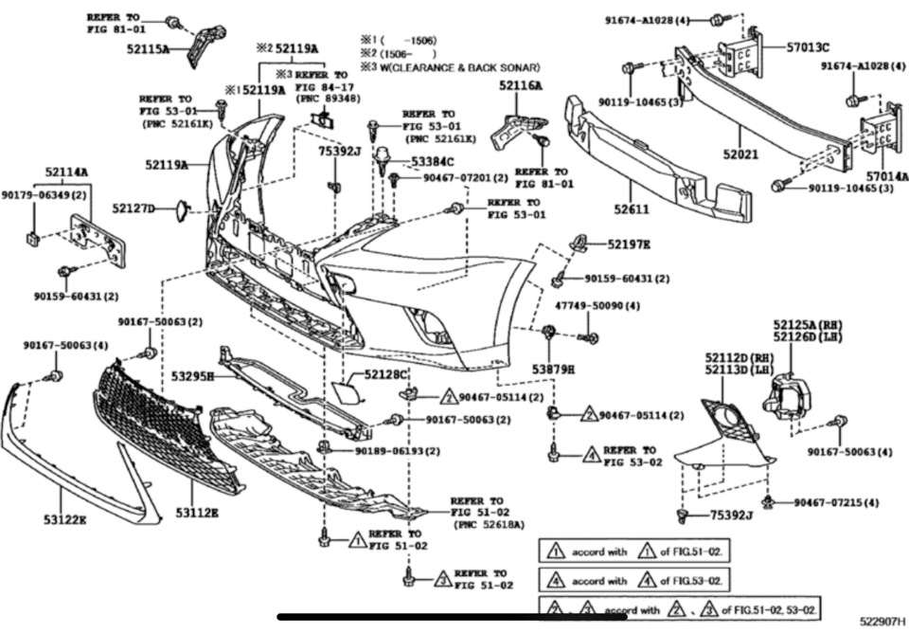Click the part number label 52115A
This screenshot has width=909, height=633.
(x=147, y=49)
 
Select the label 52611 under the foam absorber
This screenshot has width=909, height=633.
(x=629, y=210)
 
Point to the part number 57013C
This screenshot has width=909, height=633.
(x=808, y=46)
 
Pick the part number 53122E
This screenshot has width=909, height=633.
(x=64, y=518)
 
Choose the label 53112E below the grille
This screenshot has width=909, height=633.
(x=196, y=513)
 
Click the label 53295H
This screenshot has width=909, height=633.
(x=193, y=377)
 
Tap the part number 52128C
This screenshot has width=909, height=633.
(x=383, y=375)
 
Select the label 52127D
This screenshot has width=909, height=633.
(x=134, y=208)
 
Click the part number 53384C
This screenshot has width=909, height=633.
(x=432, y=162)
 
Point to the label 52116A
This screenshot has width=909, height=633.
(x=521, y=85)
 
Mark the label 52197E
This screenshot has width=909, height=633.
(x=629, y=244)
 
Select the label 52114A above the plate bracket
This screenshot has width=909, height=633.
(x=65, y=172)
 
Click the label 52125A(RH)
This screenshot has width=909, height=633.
(x=807, y=325)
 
